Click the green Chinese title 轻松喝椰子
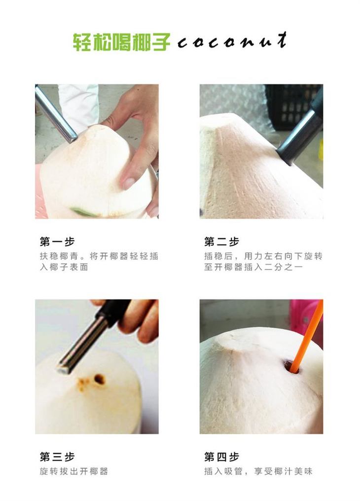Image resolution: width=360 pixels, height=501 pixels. click(x=121, y=42)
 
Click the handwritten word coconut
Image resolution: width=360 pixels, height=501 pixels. click(x=232, y=41)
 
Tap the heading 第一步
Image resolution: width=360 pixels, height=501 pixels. click(x=57, y=241)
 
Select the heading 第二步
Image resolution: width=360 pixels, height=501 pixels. click(x=221, y=241)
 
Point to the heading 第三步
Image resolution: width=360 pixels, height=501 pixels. click(x=57, y=457)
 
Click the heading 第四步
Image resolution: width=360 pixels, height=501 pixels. click(x=221, y=457)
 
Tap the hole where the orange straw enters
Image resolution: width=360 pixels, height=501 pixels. click(x=291, y=367)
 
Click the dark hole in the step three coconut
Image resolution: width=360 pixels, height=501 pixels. click(x=100, y=379)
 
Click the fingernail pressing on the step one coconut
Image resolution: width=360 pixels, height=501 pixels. click(x=128, y=183)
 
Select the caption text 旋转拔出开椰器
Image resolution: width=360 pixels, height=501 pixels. click(x=74, y=471)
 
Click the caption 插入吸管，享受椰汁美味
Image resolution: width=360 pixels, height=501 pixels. click(x=258, y=471)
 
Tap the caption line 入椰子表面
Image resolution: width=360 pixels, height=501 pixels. click(x=64, y=267)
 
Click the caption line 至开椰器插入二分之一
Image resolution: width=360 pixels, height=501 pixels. click(x=253, y=267)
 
